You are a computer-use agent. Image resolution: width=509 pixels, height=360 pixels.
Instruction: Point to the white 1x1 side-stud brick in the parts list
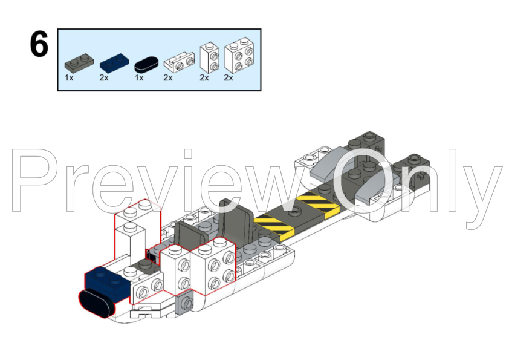pos(209,57)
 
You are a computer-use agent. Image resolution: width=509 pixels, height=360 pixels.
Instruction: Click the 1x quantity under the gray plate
pos(69,78)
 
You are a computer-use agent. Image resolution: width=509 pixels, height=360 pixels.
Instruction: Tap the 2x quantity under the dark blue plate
pos(104,78)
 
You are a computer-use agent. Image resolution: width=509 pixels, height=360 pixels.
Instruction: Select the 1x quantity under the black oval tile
pos(138,78)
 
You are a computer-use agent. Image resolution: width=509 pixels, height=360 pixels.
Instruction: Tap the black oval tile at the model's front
pos(97,301)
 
